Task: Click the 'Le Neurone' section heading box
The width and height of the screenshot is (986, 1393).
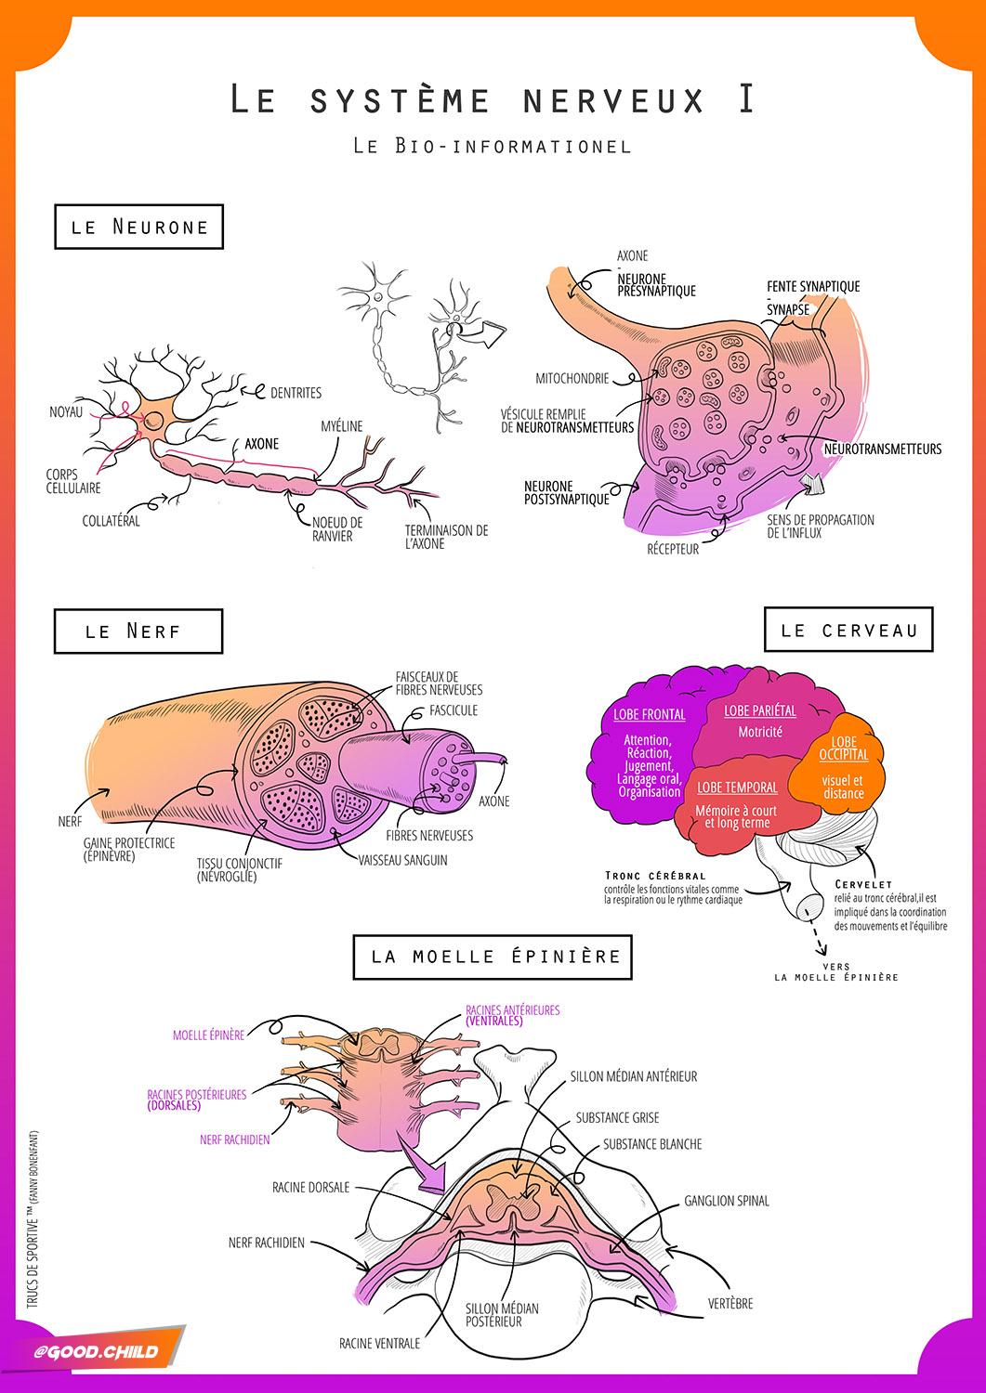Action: coord(139,227)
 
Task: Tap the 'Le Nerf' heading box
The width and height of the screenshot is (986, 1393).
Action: coord(138,631)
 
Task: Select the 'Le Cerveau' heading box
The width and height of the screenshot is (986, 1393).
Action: coord(848,630)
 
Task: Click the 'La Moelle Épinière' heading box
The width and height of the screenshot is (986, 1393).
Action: coord(494,956)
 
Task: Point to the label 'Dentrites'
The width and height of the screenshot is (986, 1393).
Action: coord(296,394)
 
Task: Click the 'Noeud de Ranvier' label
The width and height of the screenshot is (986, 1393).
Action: coord(335,529)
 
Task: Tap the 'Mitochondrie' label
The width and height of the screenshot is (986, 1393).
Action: coord(572,379)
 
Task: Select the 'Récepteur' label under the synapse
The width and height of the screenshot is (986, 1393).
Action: coord(673,549)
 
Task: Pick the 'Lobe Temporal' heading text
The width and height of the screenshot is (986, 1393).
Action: coord(737,788)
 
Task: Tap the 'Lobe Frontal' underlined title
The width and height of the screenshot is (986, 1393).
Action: coord(650,714)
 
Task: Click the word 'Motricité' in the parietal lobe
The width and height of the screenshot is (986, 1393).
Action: coord(760,732)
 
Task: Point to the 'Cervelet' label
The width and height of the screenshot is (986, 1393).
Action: coord(863,884)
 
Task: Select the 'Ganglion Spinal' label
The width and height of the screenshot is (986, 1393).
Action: coord(727,1201)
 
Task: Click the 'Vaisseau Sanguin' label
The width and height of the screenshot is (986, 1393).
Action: coord(402,860)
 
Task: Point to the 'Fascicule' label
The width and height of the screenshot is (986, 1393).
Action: coord(454,710)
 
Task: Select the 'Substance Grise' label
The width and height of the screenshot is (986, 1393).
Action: coord(617,1118)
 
